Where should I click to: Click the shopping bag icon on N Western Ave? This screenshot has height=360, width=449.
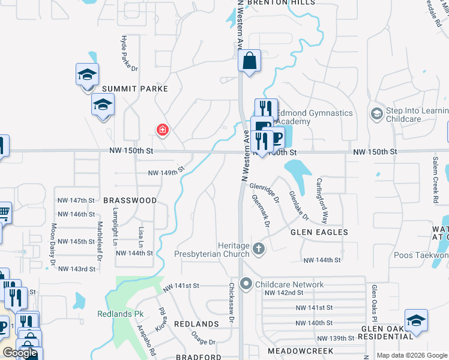pyautogui.click(x=249, y=61)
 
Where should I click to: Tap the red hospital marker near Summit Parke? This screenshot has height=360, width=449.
pyautogui.click(x=162, y=130)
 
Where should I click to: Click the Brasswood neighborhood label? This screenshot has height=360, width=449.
pyautogui.click(x=130, y=200)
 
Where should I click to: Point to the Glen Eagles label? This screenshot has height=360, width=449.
pyautogui.click(x=319, y=232)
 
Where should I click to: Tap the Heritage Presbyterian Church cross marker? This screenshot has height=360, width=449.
pyautogui.click(x=259, y=248)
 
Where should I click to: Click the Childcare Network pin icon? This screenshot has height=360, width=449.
pyautogui.click(x=246, y=284)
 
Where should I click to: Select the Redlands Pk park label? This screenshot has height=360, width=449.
pyautogui.click(x=113, y=314)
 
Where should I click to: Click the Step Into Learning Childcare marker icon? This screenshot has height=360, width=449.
pyautogui.click(x=376, y=114)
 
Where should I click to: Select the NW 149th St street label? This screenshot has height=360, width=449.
pyautogui.click(x=164, y=173)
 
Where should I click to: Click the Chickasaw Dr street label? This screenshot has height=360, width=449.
pyautogui.click(x=231, y=303)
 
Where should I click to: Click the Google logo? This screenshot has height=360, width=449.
pyautogui.click(x=20, y=353)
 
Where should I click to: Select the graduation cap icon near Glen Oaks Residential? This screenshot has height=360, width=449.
pyautogui.click(x=416, y=320)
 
